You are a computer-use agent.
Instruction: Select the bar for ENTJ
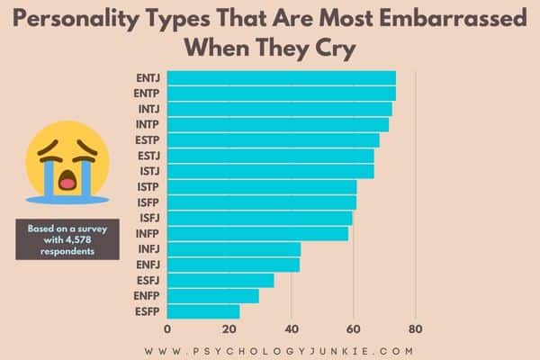282,77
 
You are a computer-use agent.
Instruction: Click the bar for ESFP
203,311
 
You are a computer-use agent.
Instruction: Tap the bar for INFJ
234,249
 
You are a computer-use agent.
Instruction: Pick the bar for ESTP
274,139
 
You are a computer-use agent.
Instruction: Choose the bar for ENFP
213,296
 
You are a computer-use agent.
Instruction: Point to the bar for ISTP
262,186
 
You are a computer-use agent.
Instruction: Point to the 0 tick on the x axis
168,329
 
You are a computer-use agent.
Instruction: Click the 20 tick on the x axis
229,329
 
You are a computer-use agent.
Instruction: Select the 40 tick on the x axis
292,329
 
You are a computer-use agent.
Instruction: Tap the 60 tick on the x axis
354,329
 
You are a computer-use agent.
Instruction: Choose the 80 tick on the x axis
415,329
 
